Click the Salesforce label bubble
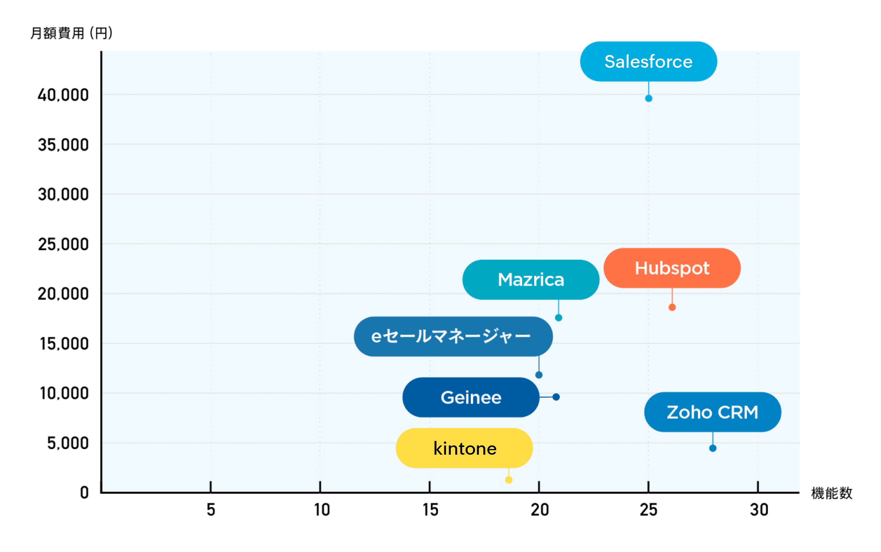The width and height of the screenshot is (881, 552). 648,61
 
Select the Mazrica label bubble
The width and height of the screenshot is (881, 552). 531,280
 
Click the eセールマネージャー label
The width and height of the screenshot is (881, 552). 453,336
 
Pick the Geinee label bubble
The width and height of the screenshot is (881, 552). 471,397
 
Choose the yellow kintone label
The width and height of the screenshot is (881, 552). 464,448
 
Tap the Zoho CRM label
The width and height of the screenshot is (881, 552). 713,412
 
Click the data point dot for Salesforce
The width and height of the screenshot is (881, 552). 649,98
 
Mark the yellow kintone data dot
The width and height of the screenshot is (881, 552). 508,480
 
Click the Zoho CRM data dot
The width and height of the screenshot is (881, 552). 713,448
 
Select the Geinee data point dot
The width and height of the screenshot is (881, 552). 556,397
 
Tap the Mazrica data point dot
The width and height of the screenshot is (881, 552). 558,318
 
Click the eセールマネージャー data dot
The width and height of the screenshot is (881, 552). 539,375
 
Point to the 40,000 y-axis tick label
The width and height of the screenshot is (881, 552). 63,95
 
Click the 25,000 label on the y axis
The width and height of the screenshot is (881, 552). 63,244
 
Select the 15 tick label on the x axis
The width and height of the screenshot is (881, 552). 430,510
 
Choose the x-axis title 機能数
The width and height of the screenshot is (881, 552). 831,493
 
